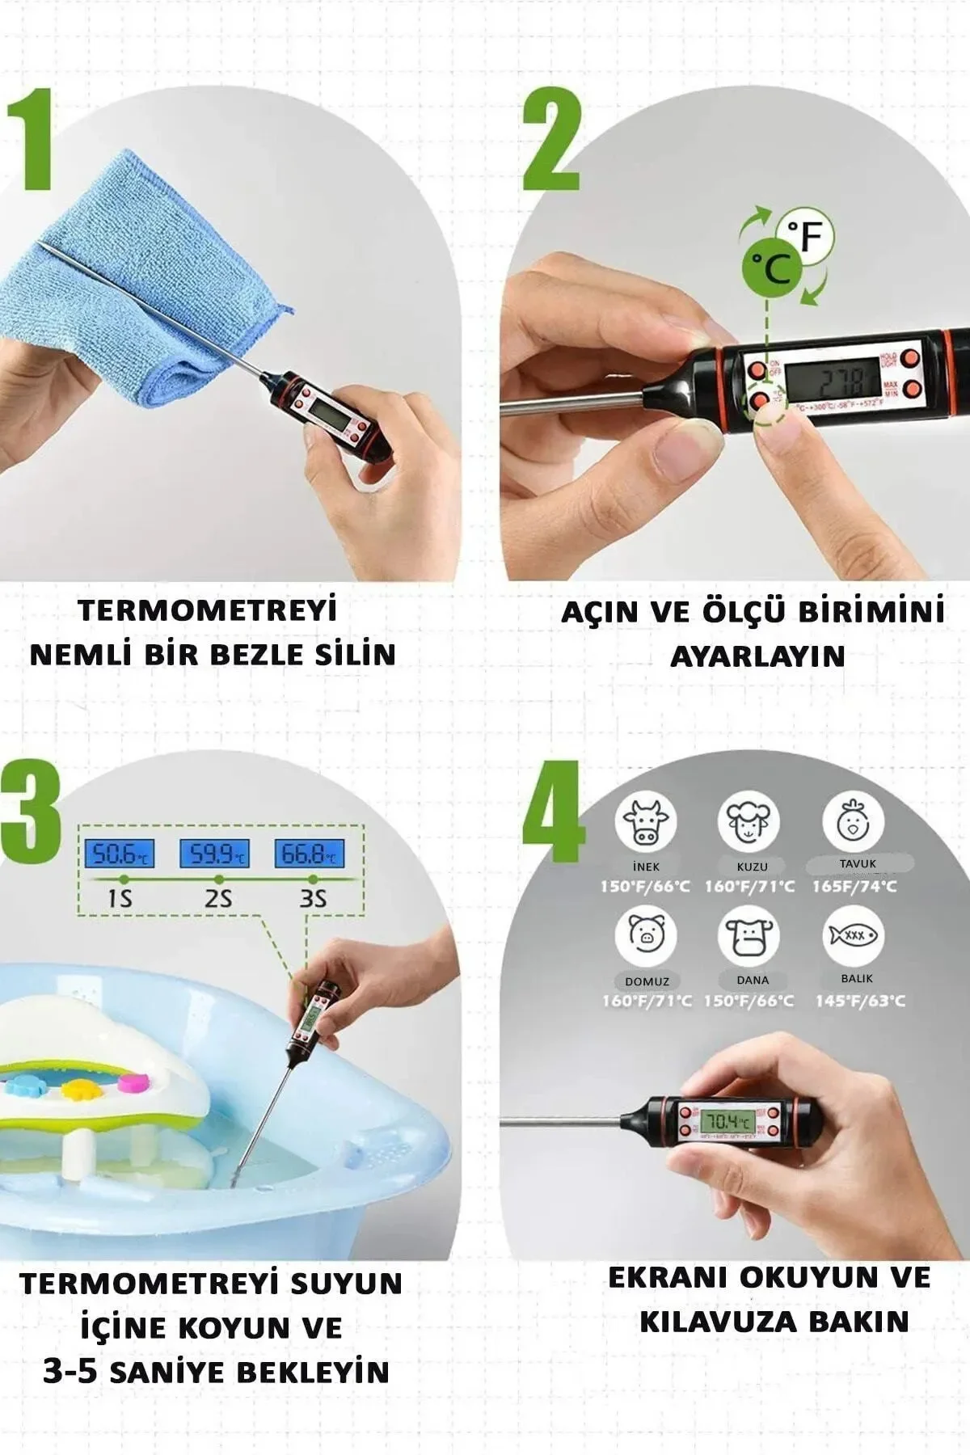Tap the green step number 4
(x=553, y=812)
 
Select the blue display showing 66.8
(x=310, y=854)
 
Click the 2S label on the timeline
(x=217, y=898)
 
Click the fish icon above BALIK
(x=854, y=935)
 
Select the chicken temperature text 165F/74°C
(x=855, y=886)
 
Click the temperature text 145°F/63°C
(x=859, y=1001)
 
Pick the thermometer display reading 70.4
(x=727, y=1122)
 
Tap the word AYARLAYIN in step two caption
(x=757, y=656)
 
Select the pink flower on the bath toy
(x=131, y=1080)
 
